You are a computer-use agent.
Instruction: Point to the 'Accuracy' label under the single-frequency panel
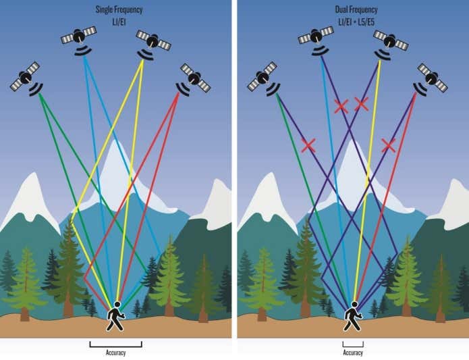pyautogui.click(x=115, y=353)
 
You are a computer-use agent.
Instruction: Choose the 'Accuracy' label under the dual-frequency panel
pyautogui.click(x=353, y=353)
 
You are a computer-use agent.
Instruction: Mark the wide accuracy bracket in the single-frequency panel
pyautogui.click(x=115, y=344)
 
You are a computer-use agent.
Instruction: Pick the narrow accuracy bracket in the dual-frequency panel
pyautogui.click(x=353, y=344)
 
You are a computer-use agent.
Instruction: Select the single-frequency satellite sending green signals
pyautogui.click(x=26, y=77)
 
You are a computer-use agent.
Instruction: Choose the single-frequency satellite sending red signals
pyautogui.click(x=194, y=78)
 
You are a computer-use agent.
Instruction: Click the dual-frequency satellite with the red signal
pyautogui.click(x=432, y=78)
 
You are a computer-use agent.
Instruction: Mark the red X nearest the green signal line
pyautogui.click(x=308, y=145)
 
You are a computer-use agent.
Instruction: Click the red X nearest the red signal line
pyautogui.click(x=388, y=145)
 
